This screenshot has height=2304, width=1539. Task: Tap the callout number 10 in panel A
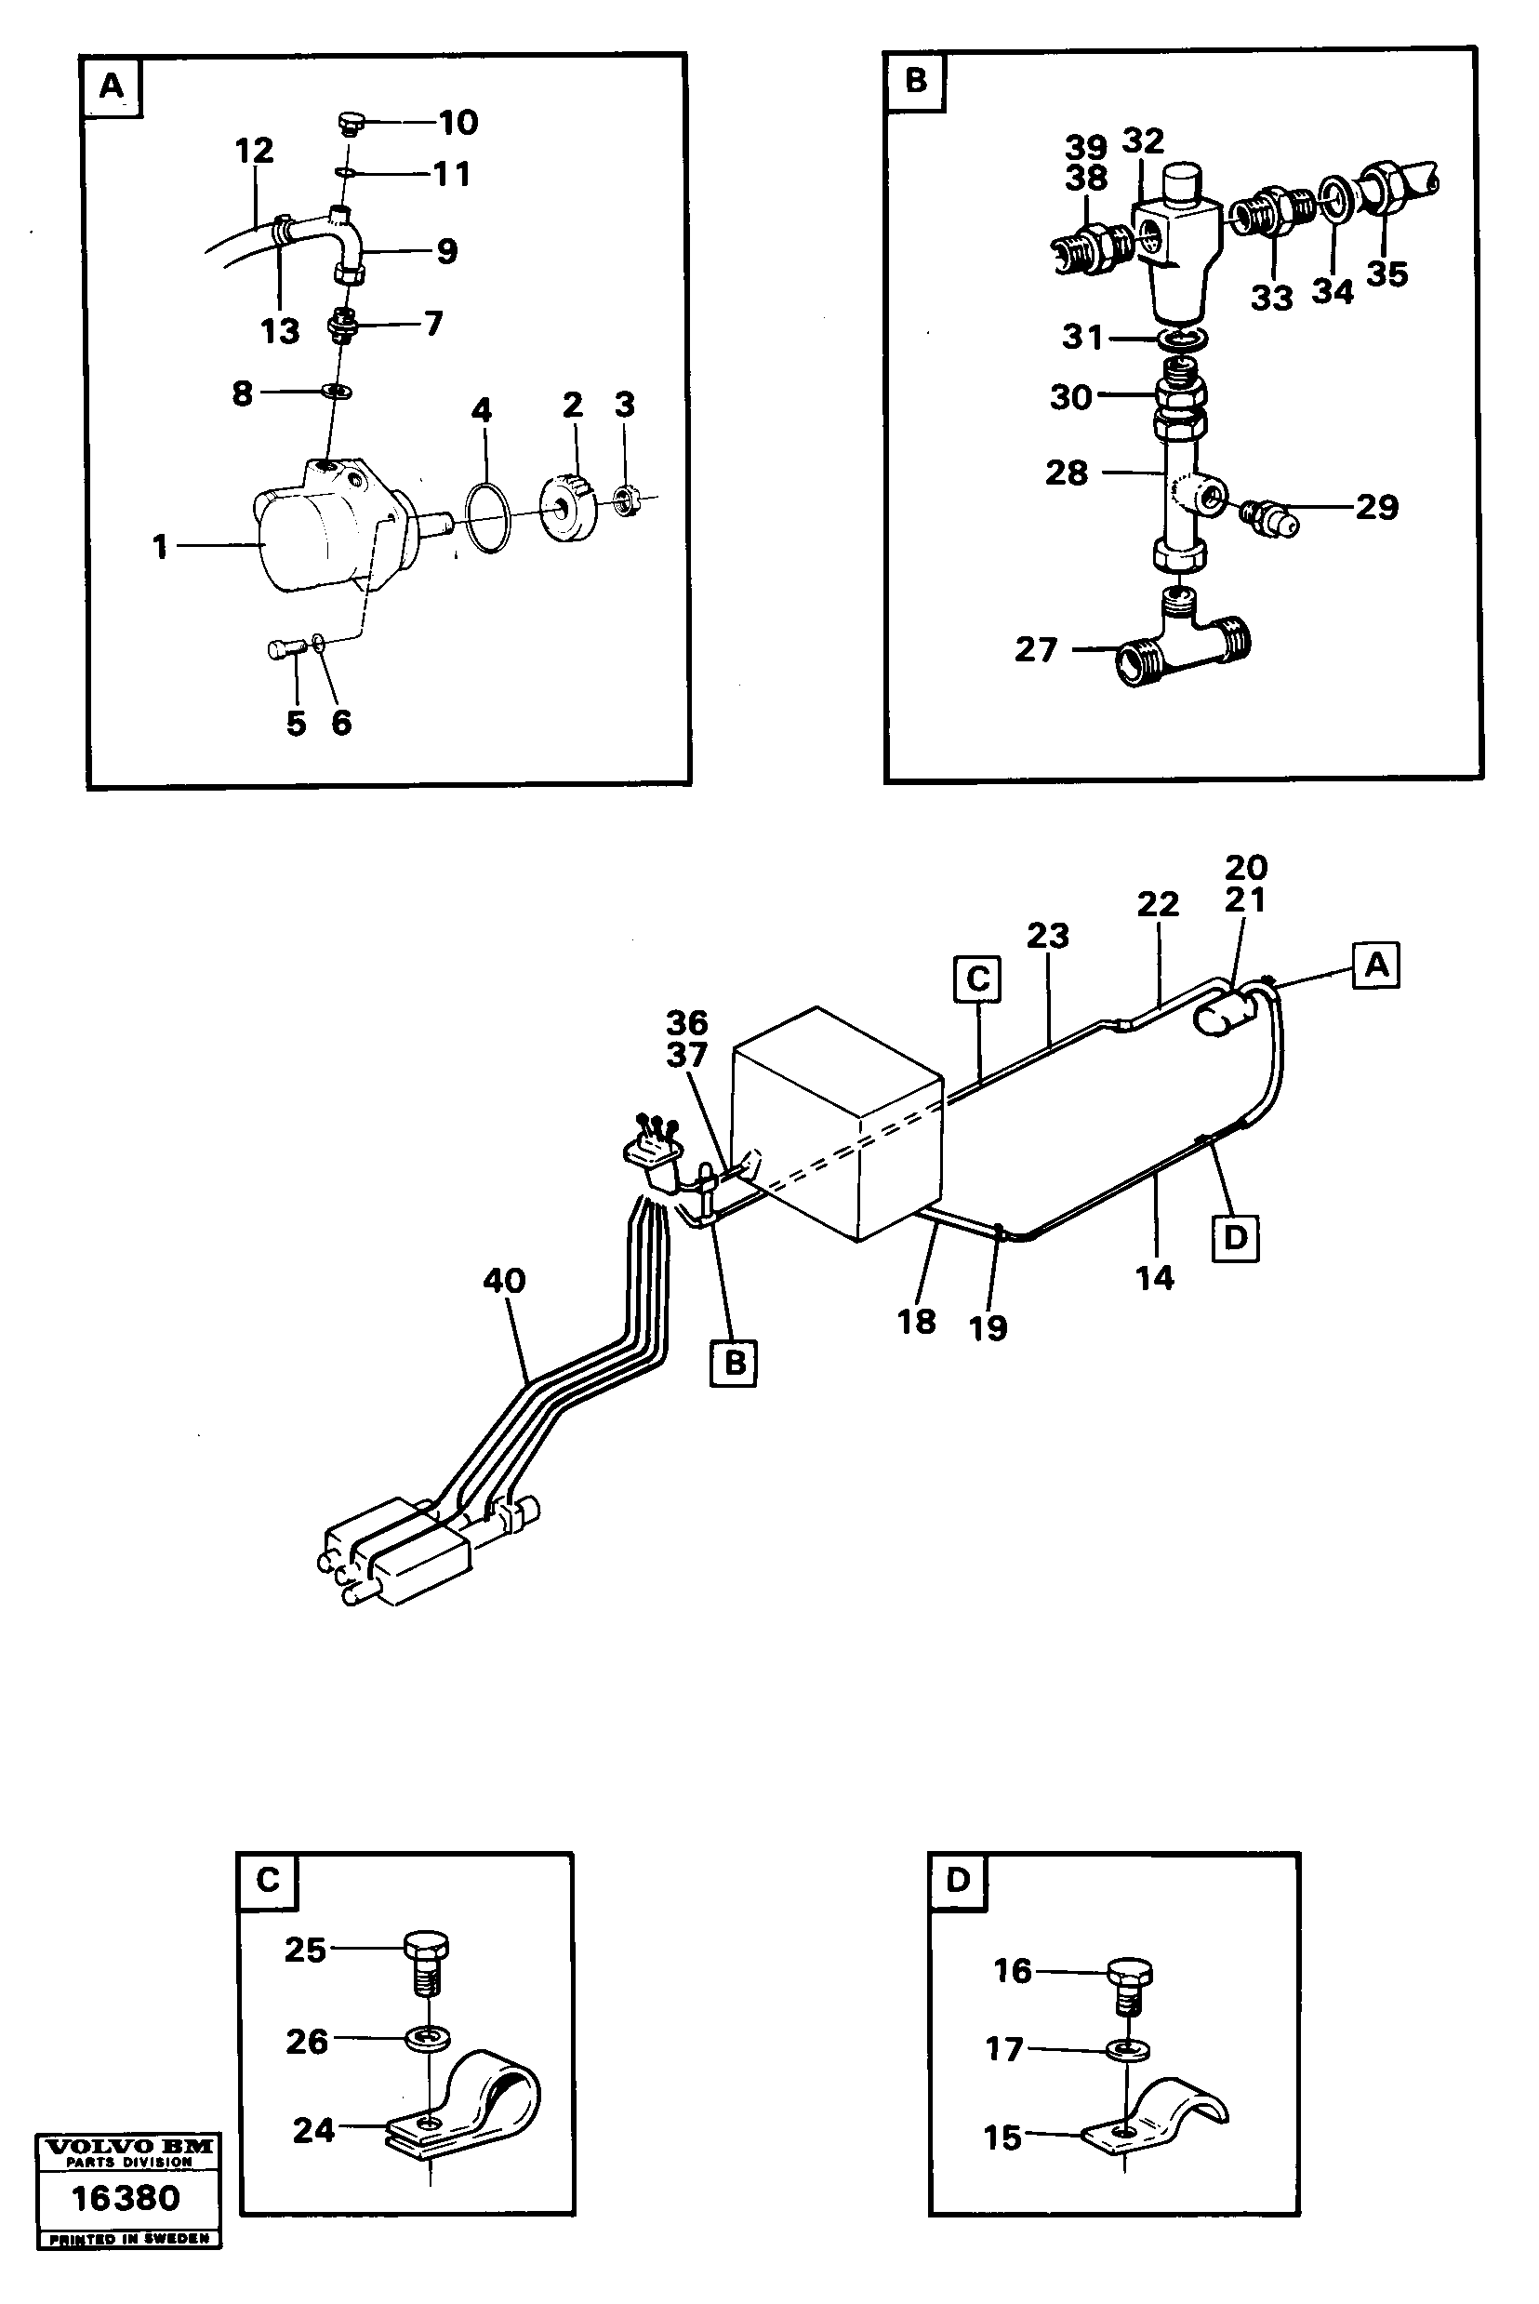tap(458, 123)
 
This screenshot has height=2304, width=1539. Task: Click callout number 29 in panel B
tap(1376, 508)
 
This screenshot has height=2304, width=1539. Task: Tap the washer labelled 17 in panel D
tap(1126, 2050)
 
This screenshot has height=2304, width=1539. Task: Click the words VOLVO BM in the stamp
tap(127, 2147)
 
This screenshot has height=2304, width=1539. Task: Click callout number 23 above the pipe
tap(1047, 936)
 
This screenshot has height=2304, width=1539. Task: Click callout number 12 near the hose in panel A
tap(254, 152)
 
